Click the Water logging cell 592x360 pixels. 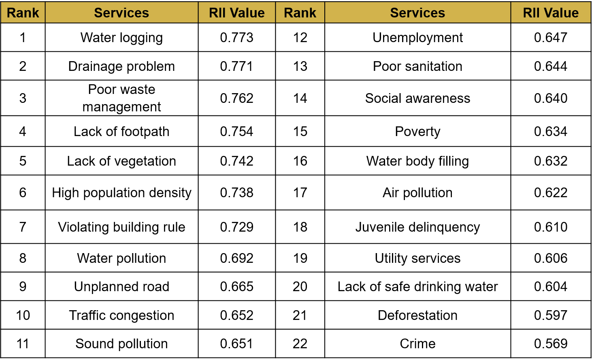point(121,38)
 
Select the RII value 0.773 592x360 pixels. point(236,38)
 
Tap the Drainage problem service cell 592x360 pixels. point(121,66)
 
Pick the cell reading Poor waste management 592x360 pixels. point(121,98)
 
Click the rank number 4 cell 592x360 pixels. point(23,132)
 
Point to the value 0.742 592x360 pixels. point(236,161)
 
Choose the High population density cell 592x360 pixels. point(121,193)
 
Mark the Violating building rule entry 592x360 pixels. point(121,227)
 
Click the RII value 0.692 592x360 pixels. point(236,258)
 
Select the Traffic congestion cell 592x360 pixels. point(121,315)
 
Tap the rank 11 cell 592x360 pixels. point(23,344)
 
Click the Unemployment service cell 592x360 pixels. point(417,38)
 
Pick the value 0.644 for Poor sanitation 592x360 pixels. point(550,66)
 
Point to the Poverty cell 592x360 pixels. point(417,132)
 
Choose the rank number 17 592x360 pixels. point(300,193)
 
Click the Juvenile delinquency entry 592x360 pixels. point(417,227)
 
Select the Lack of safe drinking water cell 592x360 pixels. point(417,287)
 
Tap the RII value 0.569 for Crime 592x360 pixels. point(550,344)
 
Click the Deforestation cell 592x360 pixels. point(417,315)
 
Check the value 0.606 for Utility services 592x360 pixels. point(550,258)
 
